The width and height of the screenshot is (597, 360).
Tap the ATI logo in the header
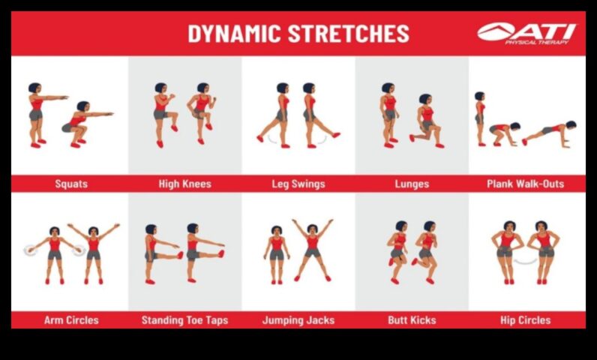pyautogui.click(x=527, y=32)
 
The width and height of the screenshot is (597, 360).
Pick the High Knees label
pyautogui.click(x=184, y=183)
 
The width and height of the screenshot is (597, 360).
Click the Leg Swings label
pyautogui.click(x=298, y=183)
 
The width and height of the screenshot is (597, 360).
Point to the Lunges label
pyautogui.click(x=412, y=183)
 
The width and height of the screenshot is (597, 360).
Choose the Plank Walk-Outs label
pyautogui.click(x=525, y=183)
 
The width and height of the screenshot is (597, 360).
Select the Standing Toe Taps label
pyautogui.click(x=184, y=320)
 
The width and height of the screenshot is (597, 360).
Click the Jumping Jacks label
pyautogui.click(x=298, y=320)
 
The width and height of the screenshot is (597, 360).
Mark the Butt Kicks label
pyautogui.click(x=412, y=320)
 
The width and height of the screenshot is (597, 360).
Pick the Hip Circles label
pyautogui.click(x=525, y=320)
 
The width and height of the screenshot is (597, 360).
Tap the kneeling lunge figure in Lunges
pyautogui.click(x=425, y=121)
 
